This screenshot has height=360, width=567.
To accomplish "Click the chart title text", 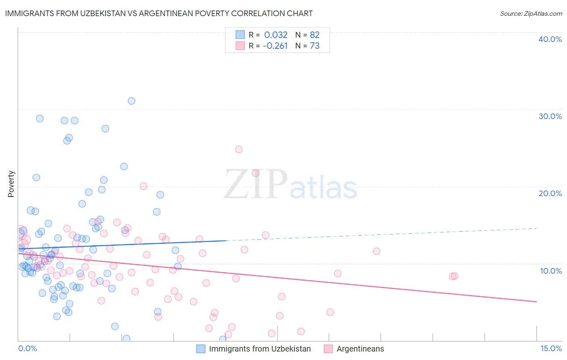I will tap(159, 13).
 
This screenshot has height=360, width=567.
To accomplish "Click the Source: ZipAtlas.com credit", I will tap(531, 13).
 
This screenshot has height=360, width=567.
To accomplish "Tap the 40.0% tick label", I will tap(550, 39).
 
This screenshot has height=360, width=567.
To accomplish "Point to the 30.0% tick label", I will tap(550, 116).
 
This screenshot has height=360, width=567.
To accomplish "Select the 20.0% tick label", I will tap(550, 193).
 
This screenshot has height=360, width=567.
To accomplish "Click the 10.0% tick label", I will tap(551, 271).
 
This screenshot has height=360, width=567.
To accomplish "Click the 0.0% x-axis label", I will tap(27, 348).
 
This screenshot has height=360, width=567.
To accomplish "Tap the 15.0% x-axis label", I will tap(551, 348).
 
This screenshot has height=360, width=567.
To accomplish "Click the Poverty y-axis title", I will tap(11, 184).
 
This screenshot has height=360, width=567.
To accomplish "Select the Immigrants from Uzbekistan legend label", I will tap(260, 349).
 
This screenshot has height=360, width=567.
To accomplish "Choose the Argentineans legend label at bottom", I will tap(360, 349).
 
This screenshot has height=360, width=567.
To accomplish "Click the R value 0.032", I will tap(276, 35).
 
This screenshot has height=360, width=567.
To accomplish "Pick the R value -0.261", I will tap(275, 46).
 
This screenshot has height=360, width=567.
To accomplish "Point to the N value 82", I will tap(315, 35).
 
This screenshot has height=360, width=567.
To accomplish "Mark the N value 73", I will tap(315, 46).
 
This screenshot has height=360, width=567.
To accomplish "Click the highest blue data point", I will tap(131, 101).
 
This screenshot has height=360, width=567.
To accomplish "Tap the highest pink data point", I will tap(239, 149).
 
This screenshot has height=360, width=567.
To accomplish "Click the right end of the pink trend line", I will tap(536, 301).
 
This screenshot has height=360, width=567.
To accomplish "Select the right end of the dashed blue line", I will tap(536, 228).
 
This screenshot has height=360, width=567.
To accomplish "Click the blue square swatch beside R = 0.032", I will tap(240, 35).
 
